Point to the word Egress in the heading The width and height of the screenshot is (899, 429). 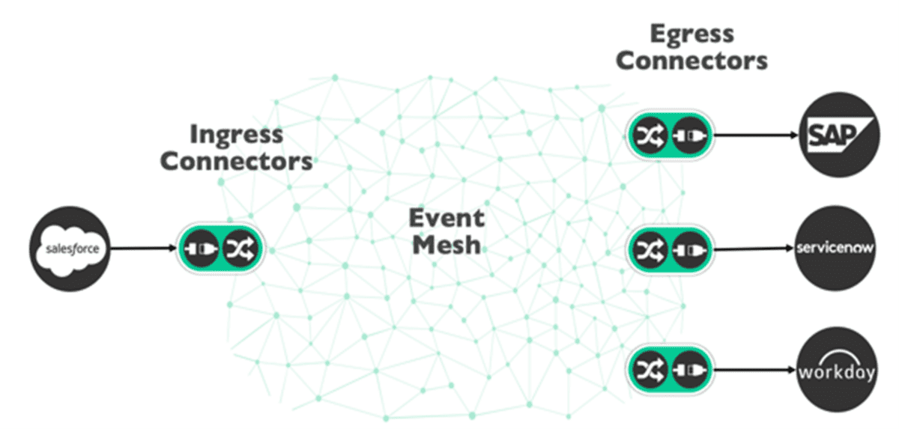coord(691,34)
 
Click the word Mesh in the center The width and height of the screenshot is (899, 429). coord(447,245)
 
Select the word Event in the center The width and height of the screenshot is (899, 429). coord(447,219)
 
